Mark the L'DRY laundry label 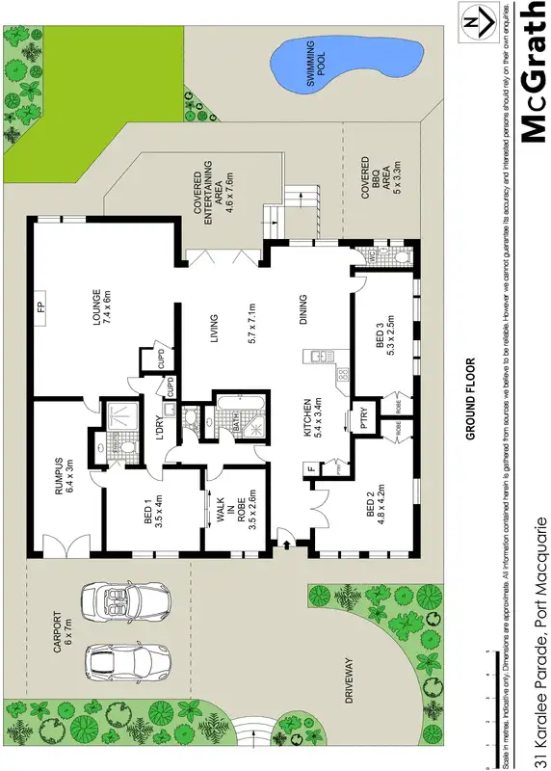pyautogui.click(x=164, y=427)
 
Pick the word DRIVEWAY pyautogui.click(x=352, y=682)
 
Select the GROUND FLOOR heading pyautogui.click(x=470, y=399)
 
